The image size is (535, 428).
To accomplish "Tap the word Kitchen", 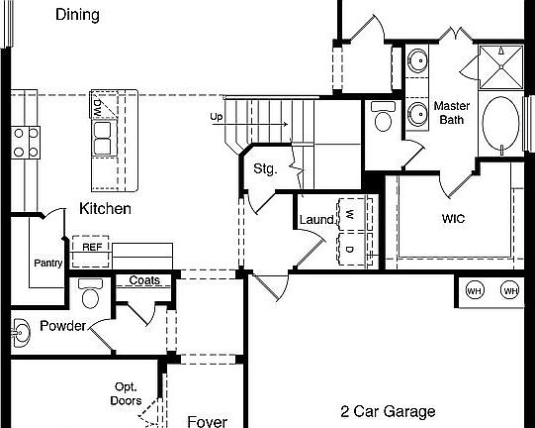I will [105, 209].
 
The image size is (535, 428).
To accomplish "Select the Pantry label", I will [48, 263].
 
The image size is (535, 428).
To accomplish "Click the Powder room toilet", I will [91, 295].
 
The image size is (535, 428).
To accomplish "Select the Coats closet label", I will [144, 280].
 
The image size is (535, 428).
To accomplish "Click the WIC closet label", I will [453, 219].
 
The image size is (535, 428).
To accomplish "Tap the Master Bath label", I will [452, 113].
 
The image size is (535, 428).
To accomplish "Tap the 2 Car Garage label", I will [388, 411].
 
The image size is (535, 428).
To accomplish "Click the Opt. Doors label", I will [126, 393].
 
